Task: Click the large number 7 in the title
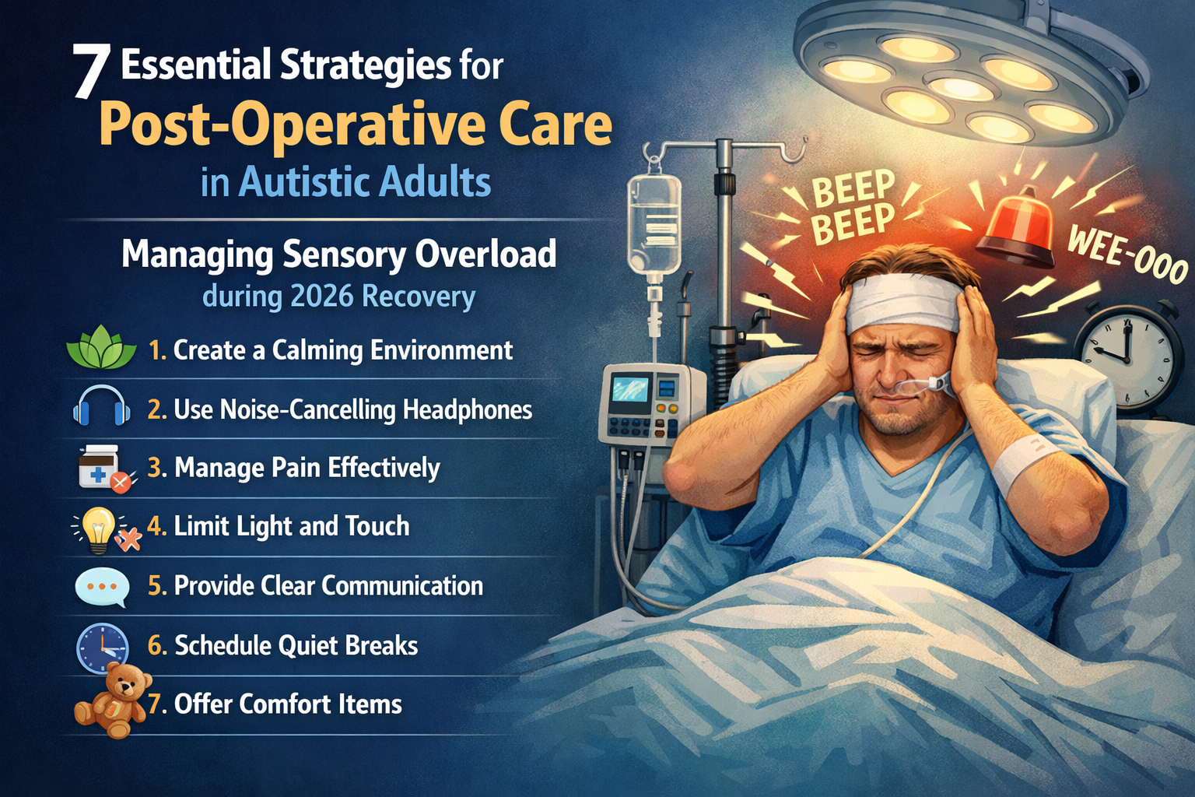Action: pyautogui.click(x=91, y=71)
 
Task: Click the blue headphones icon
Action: pyautogui.click(x=101, y=406)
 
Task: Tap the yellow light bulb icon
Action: pyautogui.click(x=100, y=527)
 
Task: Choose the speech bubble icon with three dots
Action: pyautogui.click(x=102, y=587)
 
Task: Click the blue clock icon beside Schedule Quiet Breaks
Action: pyautogui.click(x=102, y=647)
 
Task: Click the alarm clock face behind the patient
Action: pyautogui.click(x=1126, y=355)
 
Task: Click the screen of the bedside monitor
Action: pyautogui.click(x=630, y=388)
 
